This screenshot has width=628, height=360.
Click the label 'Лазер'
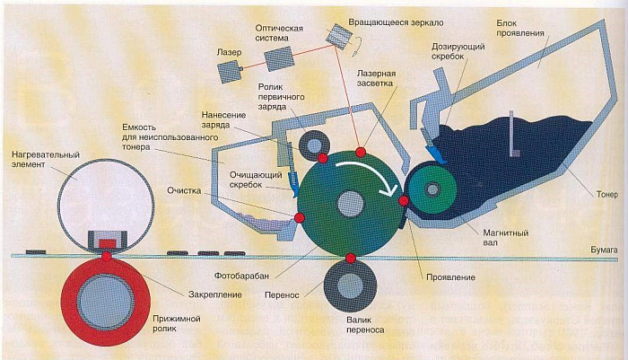coord(229,52)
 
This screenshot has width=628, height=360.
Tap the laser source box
coord(231,72)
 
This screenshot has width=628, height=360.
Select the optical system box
coord(279,58)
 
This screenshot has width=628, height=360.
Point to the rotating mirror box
coord(339,36)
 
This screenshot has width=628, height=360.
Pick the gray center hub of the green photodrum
coord(351,204)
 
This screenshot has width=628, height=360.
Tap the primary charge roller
coord(314,146)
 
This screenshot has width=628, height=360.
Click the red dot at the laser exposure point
coord(361,152)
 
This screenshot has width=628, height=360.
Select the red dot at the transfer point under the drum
coord(351,259)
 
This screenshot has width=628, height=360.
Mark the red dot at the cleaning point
coord(299,217)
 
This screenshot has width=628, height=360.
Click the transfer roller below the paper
coord(350,285)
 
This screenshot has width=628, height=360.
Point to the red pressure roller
coord(105,302)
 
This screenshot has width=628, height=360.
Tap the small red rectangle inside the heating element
coord(107,243)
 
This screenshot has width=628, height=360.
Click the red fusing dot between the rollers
coord(106,256)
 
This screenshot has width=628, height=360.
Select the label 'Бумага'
coord(605,250)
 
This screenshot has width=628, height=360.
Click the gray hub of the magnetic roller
coord(432,189)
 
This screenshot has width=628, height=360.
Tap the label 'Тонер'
coord(607,195)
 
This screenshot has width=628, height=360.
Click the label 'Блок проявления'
coord(520,28)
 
